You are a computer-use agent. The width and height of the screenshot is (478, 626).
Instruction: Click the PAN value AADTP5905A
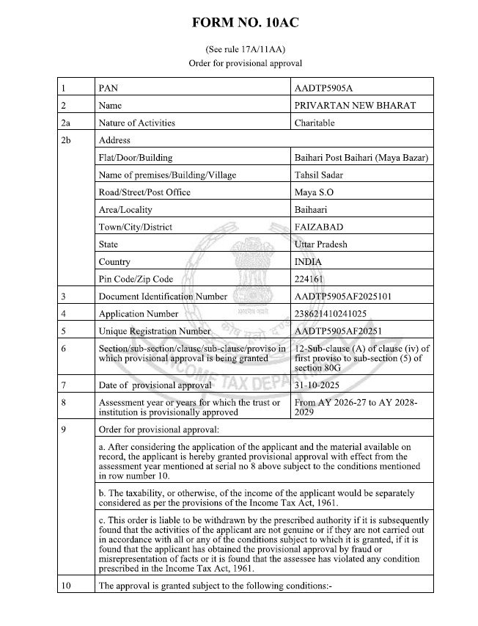click(323, 88)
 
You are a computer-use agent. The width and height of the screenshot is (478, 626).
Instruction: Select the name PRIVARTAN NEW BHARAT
click(354, 106)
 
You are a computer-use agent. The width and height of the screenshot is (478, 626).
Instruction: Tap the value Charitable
click(314, 123)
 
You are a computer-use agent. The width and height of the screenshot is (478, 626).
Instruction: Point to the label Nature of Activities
click(136, 123)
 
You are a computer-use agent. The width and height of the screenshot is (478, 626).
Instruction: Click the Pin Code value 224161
click(308, 279)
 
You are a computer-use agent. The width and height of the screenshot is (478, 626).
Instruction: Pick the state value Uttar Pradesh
click(320, 244)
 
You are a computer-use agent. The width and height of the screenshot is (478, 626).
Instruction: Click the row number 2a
click(67, 123)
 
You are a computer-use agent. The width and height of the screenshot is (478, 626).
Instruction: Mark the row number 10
click(67, 586)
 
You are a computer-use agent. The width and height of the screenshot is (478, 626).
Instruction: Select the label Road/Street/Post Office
click(144, 192)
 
